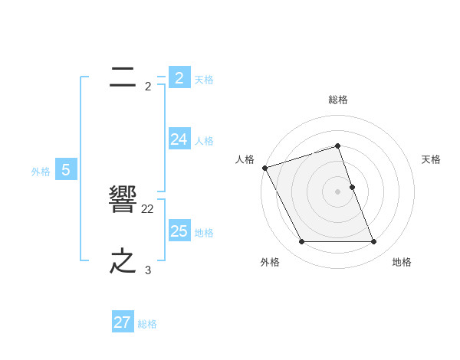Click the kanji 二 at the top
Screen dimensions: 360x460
tap(123, 76)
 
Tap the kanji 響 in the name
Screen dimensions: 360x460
tap(123, 201)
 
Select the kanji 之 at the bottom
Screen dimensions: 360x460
tap(123, 262)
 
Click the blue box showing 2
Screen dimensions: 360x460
tap(179, 78)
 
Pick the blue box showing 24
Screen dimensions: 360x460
tap(179, 139)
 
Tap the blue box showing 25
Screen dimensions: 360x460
tap(179, 231)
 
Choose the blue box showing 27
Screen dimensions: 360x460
tap(123, 322)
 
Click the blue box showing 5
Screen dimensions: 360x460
tap(66, 170)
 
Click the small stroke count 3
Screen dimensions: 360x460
tap(148, 270)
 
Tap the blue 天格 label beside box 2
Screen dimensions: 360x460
tap(204, 79)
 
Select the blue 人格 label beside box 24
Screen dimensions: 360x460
tap(204, 140)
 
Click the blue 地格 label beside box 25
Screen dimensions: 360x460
tap(204, 232)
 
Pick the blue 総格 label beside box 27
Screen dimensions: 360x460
tap(147, 324)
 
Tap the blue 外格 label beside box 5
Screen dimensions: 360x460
tap(41, 172)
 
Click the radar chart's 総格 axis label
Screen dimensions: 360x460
tap(338, 100)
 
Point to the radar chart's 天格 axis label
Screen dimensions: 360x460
tap(431, 159)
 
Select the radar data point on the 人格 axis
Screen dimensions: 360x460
tap(264, 168)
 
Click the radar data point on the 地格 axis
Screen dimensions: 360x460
tap(373, 242)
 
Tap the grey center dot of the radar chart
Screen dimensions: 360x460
tap(337, 191)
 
